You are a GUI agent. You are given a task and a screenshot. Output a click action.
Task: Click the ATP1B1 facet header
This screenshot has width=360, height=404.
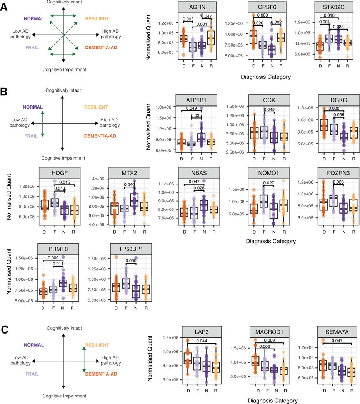pyautogui.click(x=196, y=99)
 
